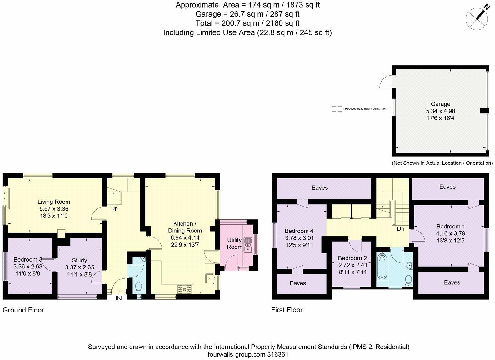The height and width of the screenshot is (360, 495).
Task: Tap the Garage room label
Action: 440,104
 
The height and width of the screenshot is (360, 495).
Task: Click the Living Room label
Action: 54,202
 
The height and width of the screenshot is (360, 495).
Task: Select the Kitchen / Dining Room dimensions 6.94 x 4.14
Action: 185,238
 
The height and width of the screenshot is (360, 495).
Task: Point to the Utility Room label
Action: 234,243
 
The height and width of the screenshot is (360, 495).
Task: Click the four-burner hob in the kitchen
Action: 184,289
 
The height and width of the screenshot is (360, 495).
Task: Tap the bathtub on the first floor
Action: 382,267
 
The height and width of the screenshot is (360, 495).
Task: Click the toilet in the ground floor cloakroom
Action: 138,287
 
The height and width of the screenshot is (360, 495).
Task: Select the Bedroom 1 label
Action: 451,227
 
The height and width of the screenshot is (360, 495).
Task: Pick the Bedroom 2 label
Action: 352,258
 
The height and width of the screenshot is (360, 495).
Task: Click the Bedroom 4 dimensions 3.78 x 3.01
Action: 299,238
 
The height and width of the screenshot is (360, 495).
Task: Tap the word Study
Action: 80,260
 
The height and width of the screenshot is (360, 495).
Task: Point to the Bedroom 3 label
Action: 28,259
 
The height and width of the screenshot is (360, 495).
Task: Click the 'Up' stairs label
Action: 114,209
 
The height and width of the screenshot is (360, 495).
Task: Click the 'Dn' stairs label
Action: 401,229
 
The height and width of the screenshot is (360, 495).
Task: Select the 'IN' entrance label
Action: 118,298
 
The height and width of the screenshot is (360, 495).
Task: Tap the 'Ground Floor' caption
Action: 23,310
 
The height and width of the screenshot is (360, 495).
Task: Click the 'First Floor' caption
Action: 287,310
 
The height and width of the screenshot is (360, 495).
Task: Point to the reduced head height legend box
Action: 337,109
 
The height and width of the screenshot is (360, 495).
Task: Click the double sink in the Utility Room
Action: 248,245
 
